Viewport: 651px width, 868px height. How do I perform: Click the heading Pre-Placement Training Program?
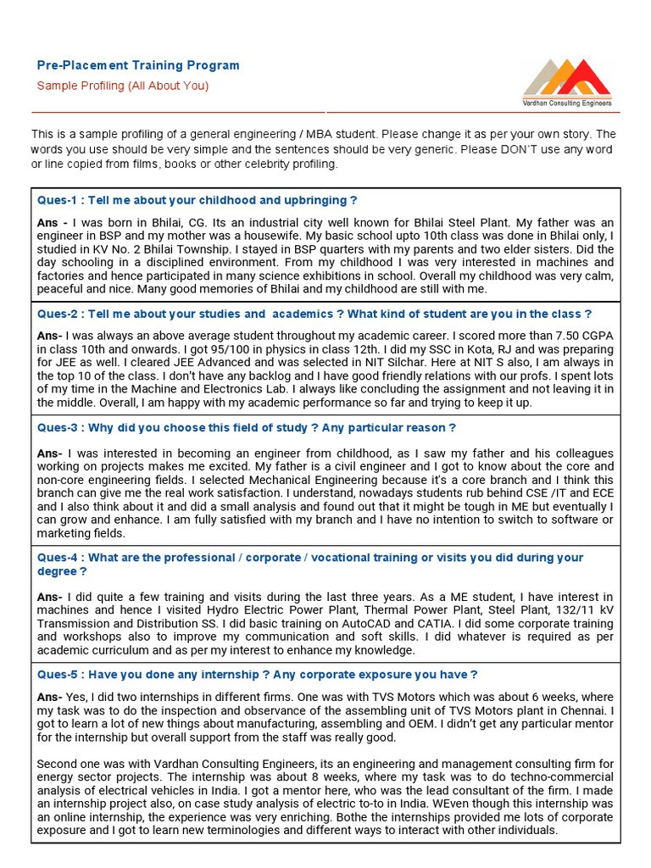click(138, 65)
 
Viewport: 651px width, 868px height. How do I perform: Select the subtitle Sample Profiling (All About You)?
click(122, 86)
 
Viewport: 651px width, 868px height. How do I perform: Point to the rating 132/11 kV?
click(585, 609)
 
